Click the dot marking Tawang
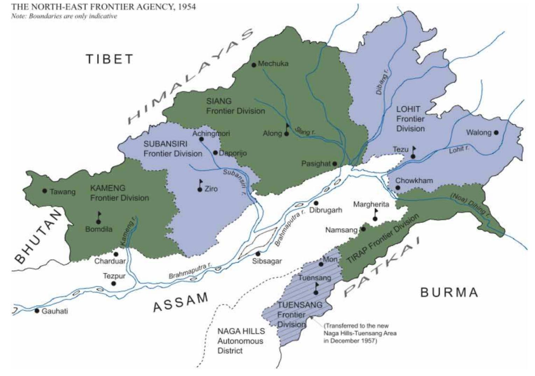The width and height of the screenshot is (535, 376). coord(45,191)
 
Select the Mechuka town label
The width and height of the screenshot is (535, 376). coord(273,64)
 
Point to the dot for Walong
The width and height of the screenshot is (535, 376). coord(496,133)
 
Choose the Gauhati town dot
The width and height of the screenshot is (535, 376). coord(37,311)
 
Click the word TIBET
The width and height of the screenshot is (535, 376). coord(110,59)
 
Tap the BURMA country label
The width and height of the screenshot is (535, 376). coord(449,292)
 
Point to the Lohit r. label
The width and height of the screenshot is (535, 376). coord(459,150)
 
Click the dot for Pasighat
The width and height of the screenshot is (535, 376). coord(335,164)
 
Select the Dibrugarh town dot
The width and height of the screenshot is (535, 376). coord(316,203)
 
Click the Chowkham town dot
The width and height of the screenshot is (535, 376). coord(398,188)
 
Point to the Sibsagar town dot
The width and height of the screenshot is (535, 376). coord(258,254)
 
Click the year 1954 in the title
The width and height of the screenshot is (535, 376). coord(187,7)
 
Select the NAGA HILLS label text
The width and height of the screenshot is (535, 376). coord(241,331)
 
